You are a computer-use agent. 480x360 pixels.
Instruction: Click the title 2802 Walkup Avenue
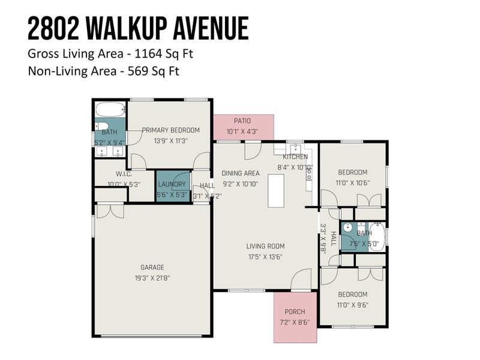click(x=137, y=28)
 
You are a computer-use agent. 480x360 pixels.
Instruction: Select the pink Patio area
click(x=243, y=127)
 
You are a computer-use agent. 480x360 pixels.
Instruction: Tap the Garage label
click(x=152, y=267)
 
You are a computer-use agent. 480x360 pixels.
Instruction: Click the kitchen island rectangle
click(x=277, y=191)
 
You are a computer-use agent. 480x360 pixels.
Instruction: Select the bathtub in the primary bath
click(x=110, y=110)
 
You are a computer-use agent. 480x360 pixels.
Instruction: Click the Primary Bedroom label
click(x=170, y=130)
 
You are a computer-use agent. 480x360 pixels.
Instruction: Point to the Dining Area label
click(x=240, y=173)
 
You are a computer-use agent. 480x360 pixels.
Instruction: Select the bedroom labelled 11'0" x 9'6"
click(x=352, y=299)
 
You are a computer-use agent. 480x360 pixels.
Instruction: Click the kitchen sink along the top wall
click(x=295, y=148)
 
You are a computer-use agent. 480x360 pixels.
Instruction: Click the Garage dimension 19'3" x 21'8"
click(x=152, y=278)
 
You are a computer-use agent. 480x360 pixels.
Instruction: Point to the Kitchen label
click(x=295, y=157)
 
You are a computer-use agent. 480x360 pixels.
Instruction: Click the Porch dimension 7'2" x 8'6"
click(x=295, y=322)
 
